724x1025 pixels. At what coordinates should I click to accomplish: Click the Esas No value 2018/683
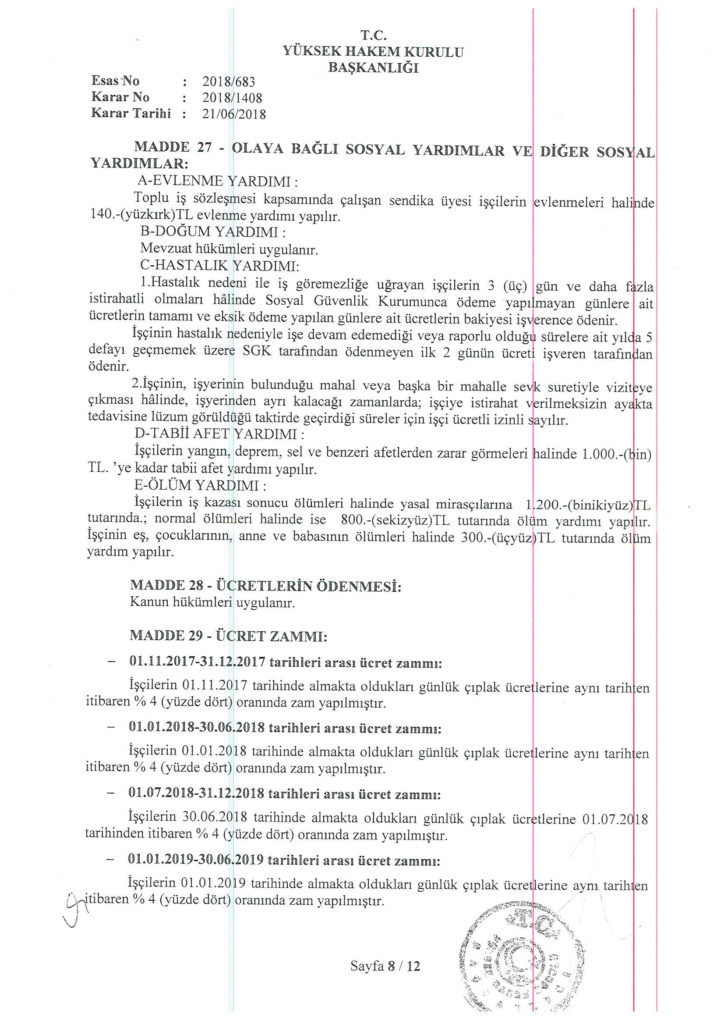point(228,82)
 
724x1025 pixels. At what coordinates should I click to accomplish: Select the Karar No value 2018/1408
point(232,98)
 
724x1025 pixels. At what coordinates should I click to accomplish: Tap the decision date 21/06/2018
point(234,114)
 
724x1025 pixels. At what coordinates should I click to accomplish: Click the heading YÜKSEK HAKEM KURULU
point(373,52)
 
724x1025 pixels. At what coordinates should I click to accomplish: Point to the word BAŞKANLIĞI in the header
point(373,68)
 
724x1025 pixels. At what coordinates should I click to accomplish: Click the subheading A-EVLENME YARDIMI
point(217,181)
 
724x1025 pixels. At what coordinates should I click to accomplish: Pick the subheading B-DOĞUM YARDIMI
point(213,232)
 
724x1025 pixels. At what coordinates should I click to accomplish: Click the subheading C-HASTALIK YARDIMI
point(219,266)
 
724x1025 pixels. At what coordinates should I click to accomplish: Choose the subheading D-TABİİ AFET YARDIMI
point(219,434)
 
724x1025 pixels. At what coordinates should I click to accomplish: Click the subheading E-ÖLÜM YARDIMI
point(200,485)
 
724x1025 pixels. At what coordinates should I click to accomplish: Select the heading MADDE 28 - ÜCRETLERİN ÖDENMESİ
point(265,585)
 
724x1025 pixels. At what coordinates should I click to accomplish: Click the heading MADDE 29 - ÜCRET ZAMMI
point(228,636)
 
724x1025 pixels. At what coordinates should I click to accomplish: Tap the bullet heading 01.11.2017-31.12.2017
point(197,662)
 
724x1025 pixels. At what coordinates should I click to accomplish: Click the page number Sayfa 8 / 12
point(385,967)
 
